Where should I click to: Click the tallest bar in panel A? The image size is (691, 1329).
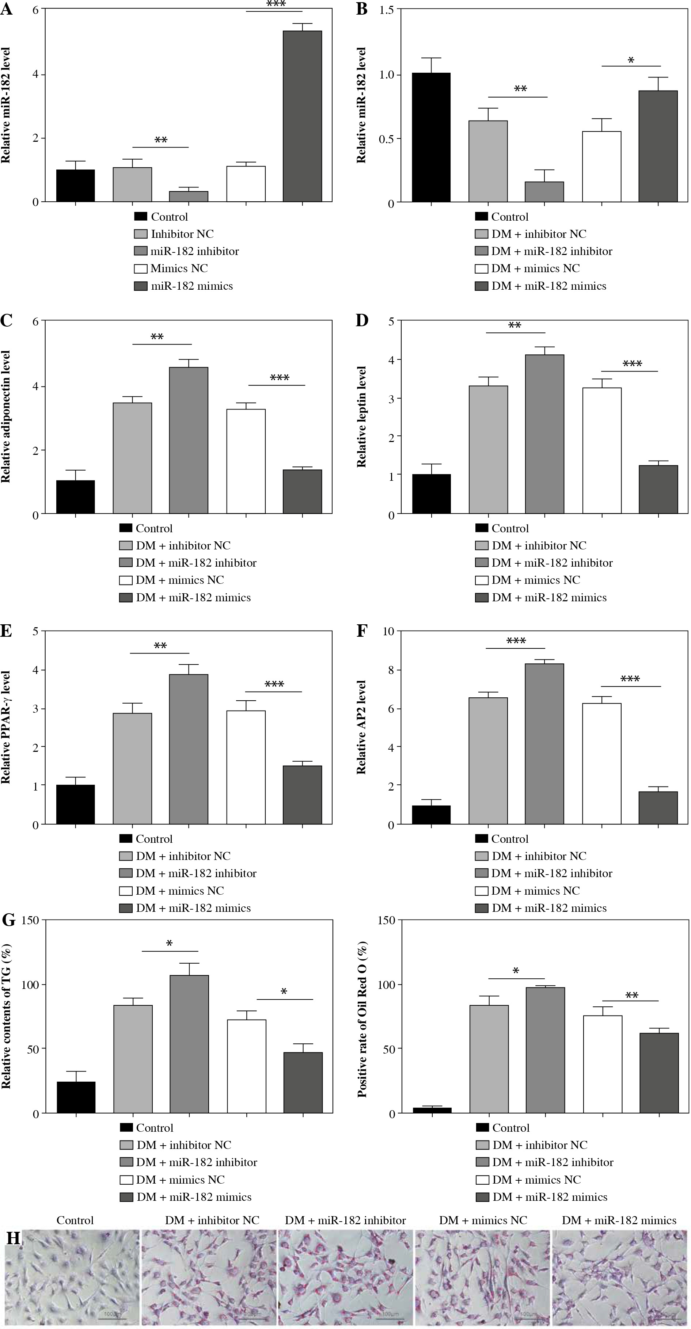303,116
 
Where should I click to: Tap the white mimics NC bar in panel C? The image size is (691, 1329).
246,461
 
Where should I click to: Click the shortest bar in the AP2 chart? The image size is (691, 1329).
431,815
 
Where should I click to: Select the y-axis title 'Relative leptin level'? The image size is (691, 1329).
362,417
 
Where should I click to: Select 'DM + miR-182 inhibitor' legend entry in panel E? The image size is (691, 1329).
196,873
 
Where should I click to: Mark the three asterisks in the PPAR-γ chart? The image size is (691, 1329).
274,685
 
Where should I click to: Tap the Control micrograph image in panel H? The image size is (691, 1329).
72,1277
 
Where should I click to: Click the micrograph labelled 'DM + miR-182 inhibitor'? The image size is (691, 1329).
345,1277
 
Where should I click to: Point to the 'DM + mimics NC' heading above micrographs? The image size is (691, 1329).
483,1221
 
